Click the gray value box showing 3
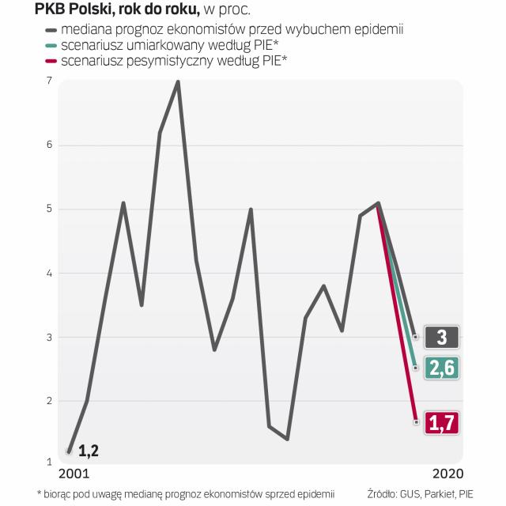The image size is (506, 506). (441, 337)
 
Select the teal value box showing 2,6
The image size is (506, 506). (441, 367)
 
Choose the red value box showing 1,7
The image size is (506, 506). (441, 423)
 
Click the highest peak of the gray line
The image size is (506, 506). (178, 81)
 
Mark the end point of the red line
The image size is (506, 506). (416, 422)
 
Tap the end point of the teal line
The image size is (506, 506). (416, 367)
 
